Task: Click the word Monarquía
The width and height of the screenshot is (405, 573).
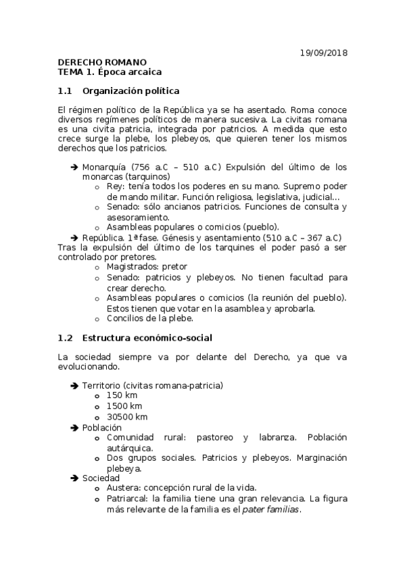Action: click(x=105, y=167)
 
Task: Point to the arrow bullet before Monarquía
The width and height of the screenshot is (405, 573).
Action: click(x=74, y=167)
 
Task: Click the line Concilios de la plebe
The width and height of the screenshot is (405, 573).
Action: click(x=150, y=318)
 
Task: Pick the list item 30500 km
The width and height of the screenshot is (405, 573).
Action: click(x=126, y=417)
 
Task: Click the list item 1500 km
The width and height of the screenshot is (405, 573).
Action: click(x=124, y=406)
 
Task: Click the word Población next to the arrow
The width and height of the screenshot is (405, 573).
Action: click(x=102, y=428)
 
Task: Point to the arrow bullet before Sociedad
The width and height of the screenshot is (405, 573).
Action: click(x=74, y=478)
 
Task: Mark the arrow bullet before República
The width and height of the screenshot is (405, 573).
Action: click(x=74, y=237)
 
